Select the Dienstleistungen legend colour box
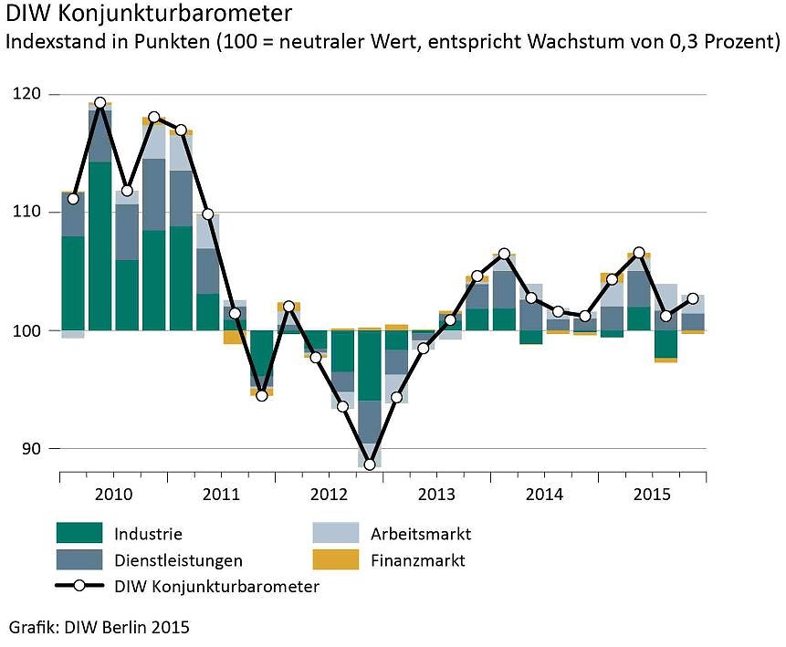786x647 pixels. coord(79,560)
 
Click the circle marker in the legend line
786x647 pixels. coord(79,587)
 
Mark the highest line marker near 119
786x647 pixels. coord(100,103)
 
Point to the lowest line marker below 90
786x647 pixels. coord(370,464)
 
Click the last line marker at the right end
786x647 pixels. coord(693,298)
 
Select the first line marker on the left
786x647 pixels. coord(73,198)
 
